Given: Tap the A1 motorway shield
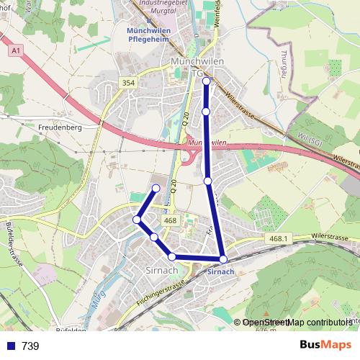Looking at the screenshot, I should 16,52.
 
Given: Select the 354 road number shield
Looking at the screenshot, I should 128,84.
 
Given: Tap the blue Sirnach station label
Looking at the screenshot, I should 220,272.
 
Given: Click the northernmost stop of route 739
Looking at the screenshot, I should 207,81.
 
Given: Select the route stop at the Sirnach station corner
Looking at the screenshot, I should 223,259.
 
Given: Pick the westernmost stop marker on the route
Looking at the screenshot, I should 137,220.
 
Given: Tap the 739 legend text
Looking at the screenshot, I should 30,346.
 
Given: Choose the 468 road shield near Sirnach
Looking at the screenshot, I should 171,221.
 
